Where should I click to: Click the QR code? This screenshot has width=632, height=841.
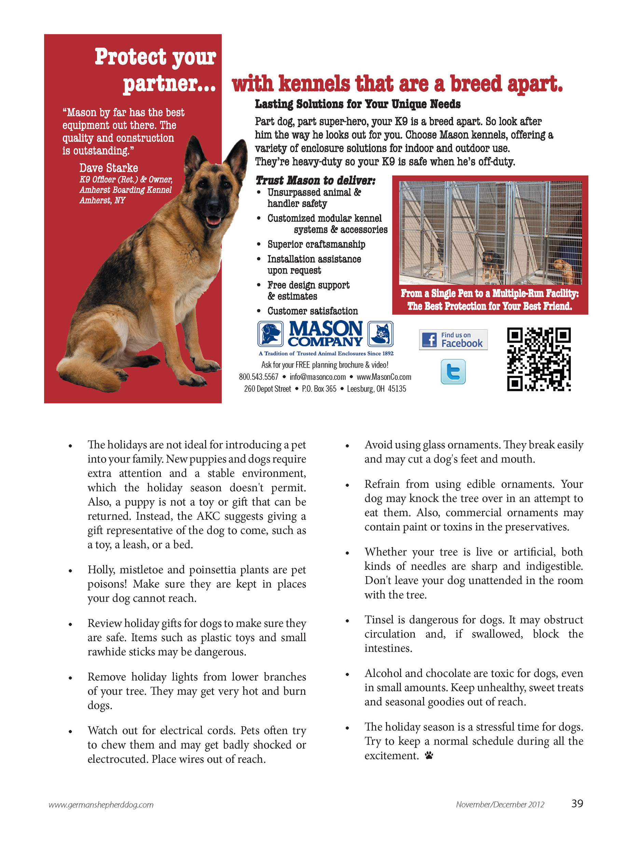pos(538,359)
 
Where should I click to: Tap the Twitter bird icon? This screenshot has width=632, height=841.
pos(453,371)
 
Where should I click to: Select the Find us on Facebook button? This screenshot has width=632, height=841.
pos(453,340)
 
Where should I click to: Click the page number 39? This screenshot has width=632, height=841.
pos(577,803)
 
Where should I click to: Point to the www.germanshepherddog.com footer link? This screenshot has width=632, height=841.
pos(101,805)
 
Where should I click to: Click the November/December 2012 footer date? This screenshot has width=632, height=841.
pos(500,804)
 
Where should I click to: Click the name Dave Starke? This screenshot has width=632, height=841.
pos(108,168)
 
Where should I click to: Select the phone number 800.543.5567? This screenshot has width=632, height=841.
pos(259,377)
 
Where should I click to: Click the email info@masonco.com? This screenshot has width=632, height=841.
pos(317,377)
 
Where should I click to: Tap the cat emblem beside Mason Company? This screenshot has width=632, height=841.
pos(381,334)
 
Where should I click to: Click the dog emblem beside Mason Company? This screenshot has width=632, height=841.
pos(270,334)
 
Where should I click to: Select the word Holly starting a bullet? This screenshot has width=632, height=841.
pos(100,570)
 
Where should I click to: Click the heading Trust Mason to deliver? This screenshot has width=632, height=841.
pos(315,180)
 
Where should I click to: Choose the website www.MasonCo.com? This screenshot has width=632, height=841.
pos(384,377)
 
